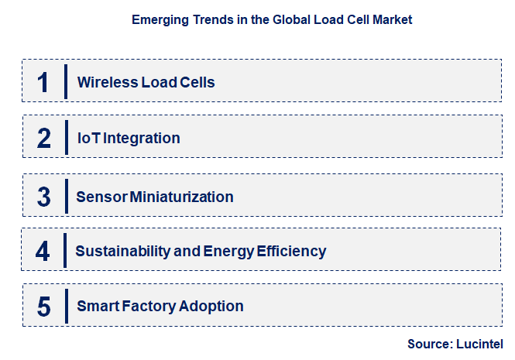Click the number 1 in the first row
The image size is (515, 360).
pos(43,82)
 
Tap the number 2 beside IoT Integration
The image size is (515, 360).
pos(44,139)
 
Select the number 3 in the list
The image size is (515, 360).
pos(44,197)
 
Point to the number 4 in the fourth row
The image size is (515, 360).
pos(43,252)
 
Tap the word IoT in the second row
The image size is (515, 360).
pos(88,139)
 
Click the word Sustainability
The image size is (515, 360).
pos(121,252)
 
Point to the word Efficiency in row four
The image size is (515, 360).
pos(292,252)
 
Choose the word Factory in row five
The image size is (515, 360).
pos(150,307)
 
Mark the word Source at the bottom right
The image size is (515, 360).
pos(430,344)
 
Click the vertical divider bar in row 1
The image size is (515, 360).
pos(66,81)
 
